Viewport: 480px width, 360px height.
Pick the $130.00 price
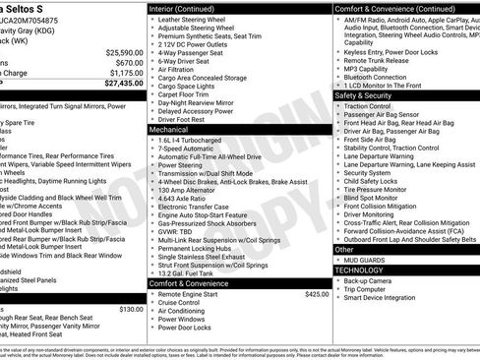pos(130,309)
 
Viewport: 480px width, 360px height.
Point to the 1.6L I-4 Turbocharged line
pos(196,140)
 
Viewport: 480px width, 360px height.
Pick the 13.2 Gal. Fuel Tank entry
pos(192,271)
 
